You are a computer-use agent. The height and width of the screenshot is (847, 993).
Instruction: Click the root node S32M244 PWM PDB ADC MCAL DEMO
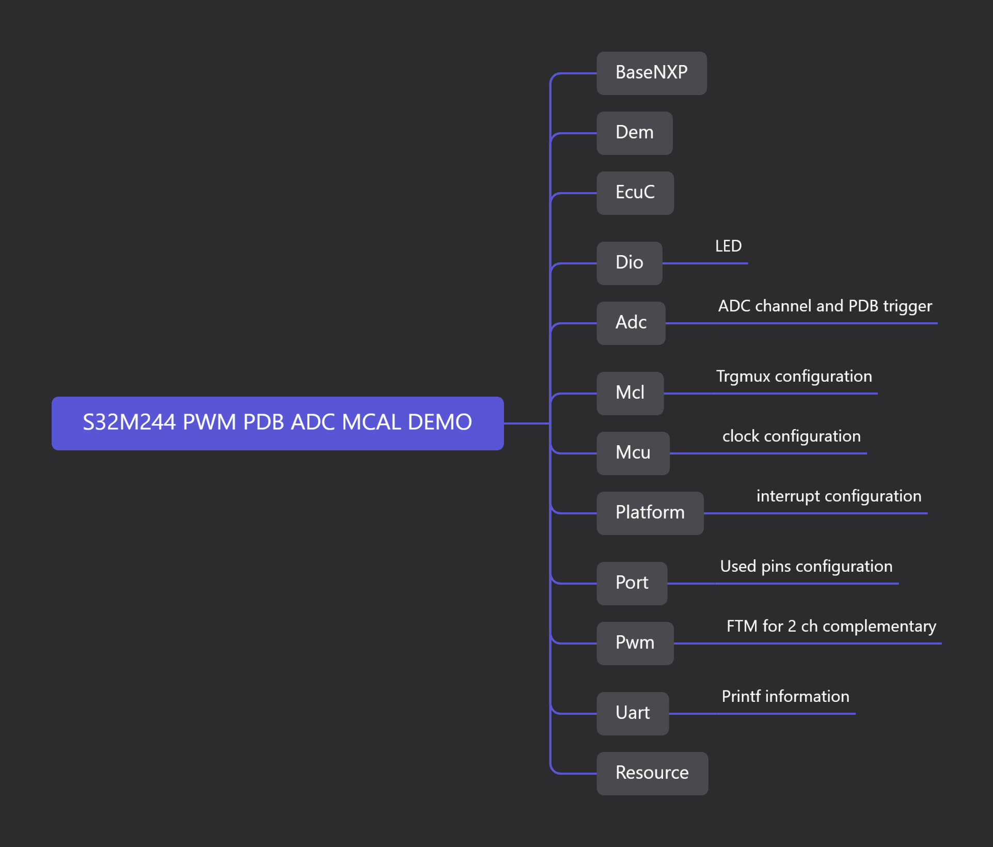277,423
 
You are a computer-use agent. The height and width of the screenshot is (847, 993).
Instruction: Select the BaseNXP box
651,73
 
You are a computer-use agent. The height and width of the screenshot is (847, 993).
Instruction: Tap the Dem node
634,133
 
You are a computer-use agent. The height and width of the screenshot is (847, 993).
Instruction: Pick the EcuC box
635,193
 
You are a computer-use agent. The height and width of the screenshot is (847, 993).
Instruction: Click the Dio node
629,263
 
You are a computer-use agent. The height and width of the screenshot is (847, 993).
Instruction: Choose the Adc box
631,323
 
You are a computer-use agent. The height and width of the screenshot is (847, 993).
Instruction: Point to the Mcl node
629,393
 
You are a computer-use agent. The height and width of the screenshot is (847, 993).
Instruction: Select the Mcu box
633,453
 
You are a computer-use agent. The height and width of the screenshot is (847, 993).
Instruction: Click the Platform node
650,513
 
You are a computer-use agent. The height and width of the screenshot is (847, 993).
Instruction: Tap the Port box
632,583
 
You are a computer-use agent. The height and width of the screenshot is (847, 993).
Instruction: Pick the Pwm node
635,643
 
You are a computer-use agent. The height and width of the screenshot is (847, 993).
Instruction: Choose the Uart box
633,713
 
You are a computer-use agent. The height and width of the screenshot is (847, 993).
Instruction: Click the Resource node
652,773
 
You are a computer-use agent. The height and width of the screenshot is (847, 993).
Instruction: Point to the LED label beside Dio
728,246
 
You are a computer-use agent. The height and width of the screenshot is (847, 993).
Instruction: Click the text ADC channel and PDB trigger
825,306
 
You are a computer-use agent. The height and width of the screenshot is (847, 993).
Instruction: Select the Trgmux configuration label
794,377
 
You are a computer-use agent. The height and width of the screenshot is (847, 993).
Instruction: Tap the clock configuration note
791,436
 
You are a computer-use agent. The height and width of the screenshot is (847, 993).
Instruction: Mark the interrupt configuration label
839,496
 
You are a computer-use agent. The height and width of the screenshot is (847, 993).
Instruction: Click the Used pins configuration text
806,567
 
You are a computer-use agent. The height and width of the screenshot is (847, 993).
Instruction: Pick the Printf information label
785,697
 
